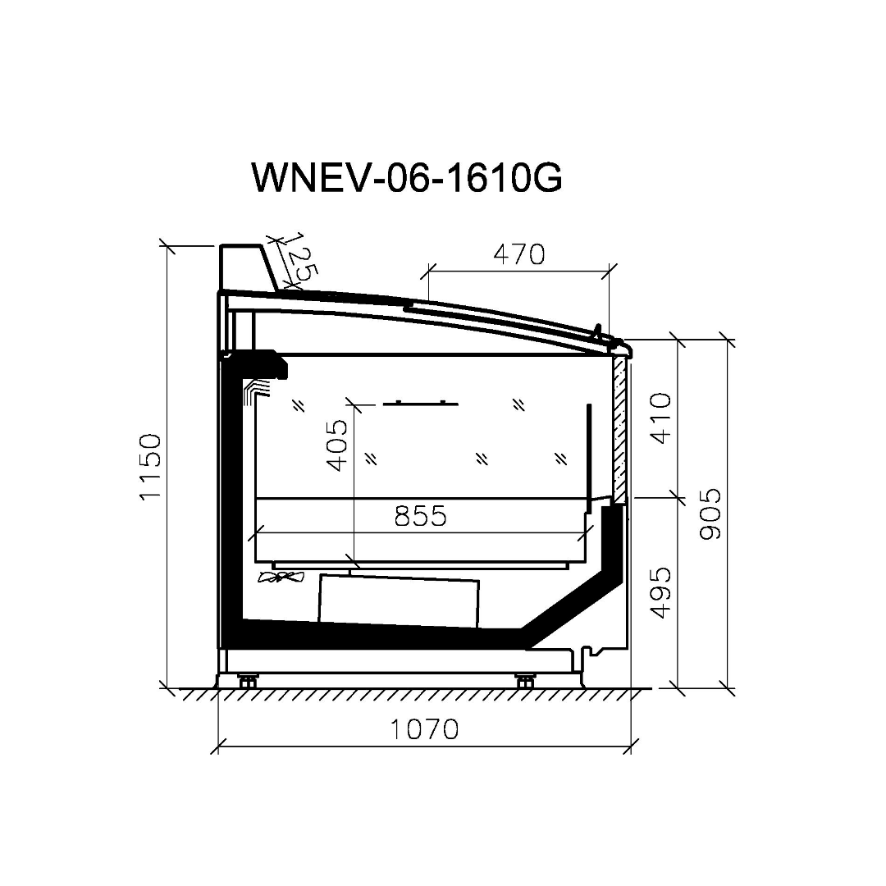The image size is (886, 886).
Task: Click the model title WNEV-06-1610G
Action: [407, 177]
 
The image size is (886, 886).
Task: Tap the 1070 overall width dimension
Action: [423, 728]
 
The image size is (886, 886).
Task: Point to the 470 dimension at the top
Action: [518, 254]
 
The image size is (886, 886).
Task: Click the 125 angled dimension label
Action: [295, 260]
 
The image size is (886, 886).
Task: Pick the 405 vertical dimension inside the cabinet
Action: [336, 445]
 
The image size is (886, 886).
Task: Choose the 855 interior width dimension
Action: [420, 516]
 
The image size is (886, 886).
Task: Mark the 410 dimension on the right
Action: [661, 418]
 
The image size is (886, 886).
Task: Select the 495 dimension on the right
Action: [661, 591]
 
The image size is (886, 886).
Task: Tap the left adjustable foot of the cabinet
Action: [247, 680]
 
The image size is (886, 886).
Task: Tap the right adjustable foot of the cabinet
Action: [523, 680]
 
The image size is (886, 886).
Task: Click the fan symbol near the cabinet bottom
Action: [281, 578]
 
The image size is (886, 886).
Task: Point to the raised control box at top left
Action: [244, 266]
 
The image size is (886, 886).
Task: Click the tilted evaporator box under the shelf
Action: [399, 601]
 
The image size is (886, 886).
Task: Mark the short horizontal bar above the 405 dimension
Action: [421, 403]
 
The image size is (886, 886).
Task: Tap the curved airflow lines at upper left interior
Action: [255, 391]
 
